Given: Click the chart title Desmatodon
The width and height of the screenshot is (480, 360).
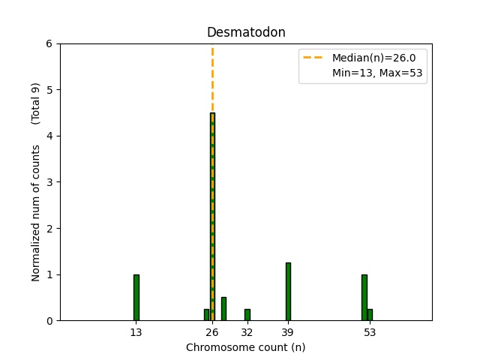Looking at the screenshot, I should pyautogui.click(x=246, y=33).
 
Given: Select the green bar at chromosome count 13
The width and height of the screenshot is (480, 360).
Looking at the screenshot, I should pyautogui.click(x=136, y=298).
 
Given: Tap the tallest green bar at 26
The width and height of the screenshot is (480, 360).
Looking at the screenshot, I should pyautogui.click(x=212, y=217).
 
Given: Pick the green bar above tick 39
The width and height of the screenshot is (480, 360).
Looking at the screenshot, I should pyautogui.click(x=288, y=292).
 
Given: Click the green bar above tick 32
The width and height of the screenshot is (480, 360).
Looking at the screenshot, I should pyautogui.click(x=247, y=315).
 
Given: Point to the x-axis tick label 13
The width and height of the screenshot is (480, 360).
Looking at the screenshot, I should pyautogui.click(x=136, y=332).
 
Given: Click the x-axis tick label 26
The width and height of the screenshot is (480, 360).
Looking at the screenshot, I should pyautogui.click(x=212, y=332).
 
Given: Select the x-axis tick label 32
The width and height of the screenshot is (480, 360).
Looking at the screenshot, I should pyautogui.click(x=247, y=332).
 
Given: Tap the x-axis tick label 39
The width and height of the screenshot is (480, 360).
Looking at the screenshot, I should pyautogui.click(x=288, y=332).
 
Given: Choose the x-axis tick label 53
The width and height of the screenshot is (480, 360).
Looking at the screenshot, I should pyautogui.click(x=370, y=332).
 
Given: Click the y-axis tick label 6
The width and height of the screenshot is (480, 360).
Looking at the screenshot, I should pyautogui.click(x=49, y=43).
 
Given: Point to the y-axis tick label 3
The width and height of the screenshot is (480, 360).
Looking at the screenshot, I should pyautogui.click(x=49, y=182).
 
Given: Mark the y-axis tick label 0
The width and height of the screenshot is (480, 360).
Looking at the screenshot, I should pyautogui.click(x=49, y=321).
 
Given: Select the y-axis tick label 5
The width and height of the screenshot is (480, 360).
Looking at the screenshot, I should pyautogui.click(x=49, y=90).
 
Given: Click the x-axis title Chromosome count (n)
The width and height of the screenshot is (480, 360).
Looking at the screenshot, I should pyautogui.click(x=246, y=347).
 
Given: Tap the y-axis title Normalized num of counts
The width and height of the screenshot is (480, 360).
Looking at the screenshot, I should pyautogui.click(x=36, y=213).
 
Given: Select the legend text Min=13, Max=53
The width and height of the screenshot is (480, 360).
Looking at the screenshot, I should pyautogui.click(x=379, y=73).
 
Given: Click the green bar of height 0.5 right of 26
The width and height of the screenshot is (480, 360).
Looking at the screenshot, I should pyautogui.click(x=223, y=309).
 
